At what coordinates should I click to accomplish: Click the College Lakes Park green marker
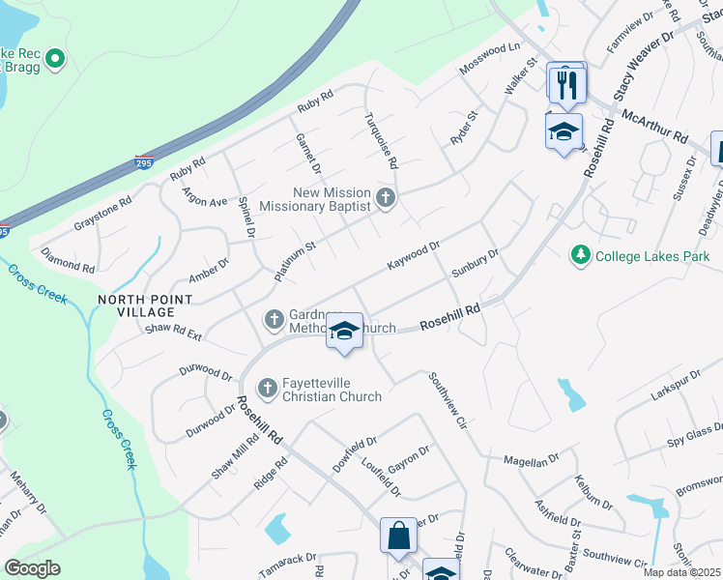click(x=580, y=255)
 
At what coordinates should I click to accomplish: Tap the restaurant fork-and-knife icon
click(x=566, y=83)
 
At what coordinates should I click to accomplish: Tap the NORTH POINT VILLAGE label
click(x=136, y=305)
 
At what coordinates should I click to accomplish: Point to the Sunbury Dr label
click(x=475, y=265)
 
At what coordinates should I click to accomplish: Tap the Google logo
click(x=33, y=568)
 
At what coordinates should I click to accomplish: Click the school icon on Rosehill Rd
click(x=344, y=331)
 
